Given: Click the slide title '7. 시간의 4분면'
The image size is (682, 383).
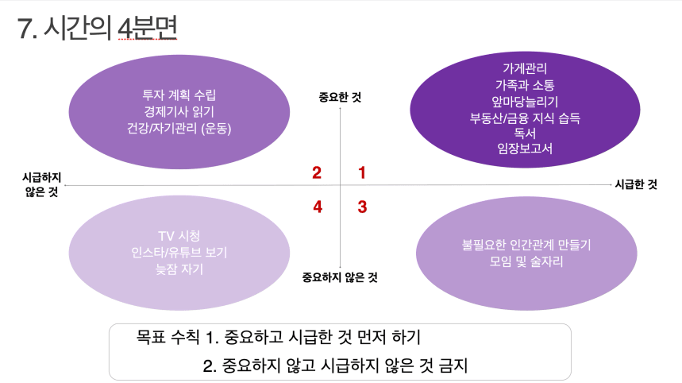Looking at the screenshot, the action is (97, 28).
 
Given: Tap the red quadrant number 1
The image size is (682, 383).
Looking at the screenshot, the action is (362, 172).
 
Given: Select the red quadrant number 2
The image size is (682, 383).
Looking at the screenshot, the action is (317, 172).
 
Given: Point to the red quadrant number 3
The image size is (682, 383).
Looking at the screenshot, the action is (362, 207).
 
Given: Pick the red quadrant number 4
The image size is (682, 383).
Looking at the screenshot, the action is (318, 207).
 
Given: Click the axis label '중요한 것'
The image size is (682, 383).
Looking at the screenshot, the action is (340, 97).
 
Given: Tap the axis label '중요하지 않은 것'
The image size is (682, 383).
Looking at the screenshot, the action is (340, 277).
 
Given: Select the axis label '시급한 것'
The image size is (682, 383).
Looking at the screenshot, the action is (636, 184).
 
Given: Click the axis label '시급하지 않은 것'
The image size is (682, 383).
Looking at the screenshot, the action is (42, 184).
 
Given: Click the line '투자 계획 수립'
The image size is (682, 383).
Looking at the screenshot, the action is (179, 95).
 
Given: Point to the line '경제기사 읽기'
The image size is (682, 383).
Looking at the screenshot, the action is (179, 111).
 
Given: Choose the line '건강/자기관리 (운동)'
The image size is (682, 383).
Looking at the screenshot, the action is (179, 129).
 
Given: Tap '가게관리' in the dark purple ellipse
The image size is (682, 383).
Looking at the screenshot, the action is (525, 68).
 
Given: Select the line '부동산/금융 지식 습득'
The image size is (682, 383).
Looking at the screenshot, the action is (525, 118).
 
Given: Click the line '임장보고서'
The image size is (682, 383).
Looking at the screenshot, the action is (525, 149).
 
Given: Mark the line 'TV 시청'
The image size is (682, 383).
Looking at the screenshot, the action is (179, 236).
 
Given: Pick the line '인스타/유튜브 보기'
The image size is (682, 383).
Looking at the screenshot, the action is (179, 253).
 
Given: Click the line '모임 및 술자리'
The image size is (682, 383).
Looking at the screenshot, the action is (526, 261).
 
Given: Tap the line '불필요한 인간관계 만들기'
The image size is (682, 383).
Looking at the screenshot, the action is (526, 245).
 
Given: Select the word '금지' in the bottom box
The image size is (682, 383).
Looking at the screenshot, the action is (453, 366).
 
